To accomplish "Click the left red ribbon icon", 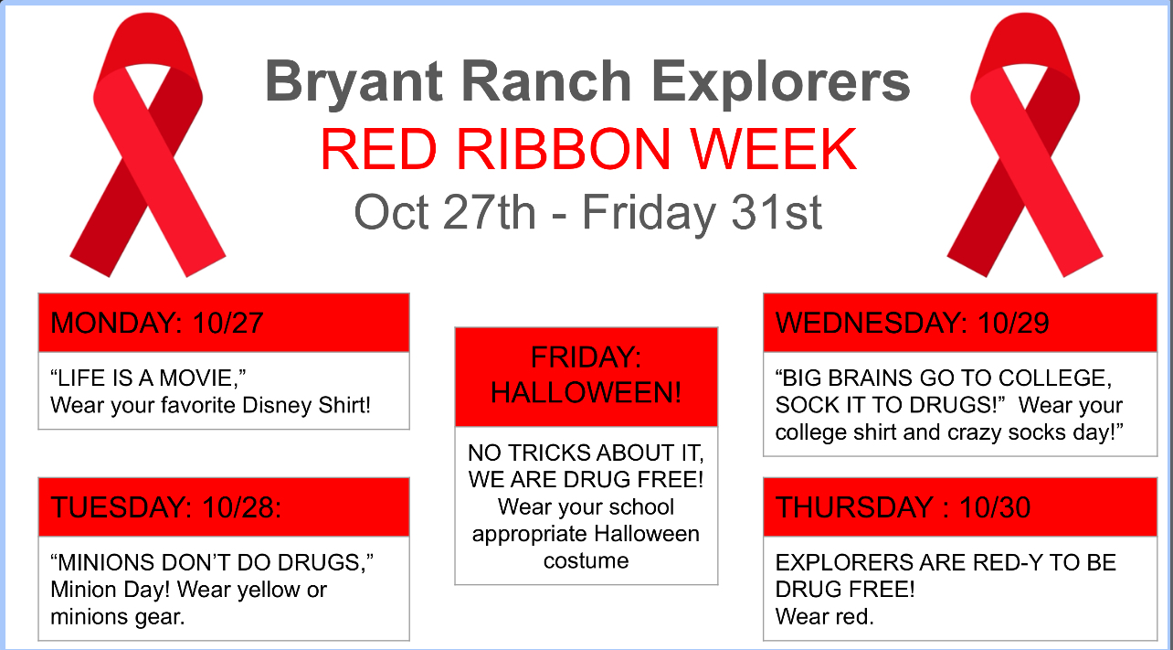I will coord(146,146).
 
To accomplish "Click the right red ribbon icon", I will coord(1023,146).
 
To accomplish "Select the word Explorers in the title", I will coord(785,81).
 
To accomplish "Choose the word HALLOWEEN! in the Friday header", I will coord(586,393).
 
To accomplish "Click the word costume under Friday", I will coord(586,560).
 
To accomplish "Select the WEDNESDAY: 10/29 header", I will coord(912,323).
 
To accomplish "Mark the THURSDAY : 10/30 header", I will coord(903,507).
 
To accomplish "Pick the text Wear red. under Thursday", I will coord(824,617).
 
